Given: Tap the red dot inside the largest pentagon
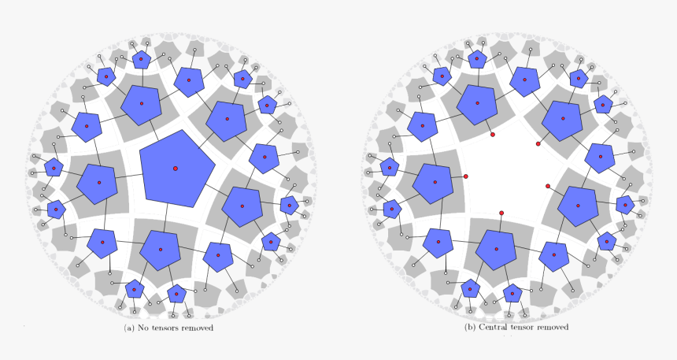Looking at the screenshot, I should pos(175,168).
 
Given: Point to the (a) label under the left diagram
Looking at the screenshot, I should pos(130,328).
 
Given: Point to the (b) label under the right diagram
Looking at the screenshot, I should pos(471,327).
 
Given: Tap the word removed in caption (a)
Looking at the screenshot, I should pos(198,328).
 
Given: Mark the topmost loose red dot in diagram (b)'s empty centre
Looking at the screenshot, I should pos(493,135).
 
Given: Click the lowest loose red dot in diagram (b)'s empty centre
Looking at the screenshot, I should pos(501,213).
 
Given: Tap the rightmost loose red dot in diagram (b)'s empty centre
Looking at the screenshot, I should pos(548,186).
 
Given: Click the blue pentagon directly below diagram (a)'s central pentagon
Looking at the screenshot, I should pos(160,250).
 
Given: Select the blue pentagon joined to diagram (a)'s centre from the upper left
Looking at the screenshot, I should pos(142,104).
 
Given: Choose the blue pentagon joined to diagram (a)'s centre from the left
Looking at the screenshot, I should pos(99,183).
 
